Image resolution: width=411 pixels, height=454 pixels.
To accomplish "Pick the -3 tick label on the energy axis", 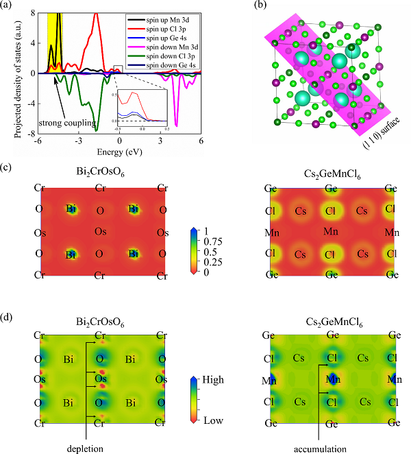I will [79, 141].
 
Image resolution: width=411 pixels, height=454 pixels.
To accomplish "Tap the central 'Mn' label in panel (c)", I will [332, 232].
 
